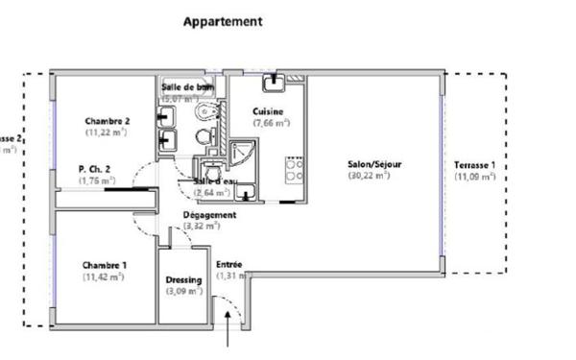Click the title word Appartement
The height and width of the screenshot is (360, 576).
click(x=223, y=20)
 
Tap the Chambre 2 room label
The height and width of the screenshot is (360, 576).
click(x=107, y=121)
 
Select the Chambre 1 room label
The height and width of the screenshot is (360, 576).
click(x=106, y=265)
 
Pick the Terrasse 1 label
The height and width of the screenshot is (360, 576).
click(x=475, y=164)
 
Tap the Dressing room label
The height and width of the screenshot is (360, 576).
click(x=183, y=280)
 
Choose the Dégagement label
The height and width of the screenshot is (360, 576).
click(x=208, y=215)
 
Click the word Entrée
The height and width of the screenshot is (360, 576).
click(x=229, y=264)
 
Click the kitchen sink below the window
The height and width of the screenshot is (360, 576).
click(x=275, y=81)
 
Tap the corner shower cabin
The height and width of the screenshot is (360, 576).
click(x=242, y=153)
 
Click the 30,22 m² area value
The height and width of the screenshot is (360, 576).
click(x=370, y=176)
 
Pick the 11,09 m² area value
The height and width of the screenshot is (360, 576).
click(x=475, y=177)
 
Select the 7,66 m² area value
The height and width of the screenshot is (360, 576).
click(x=272, y=124)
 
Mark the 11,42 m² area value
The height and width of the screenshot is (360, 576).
click(x=105, y=277)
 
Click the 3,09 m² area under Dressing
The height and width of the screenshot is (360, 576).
click(x=183, y=291)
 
